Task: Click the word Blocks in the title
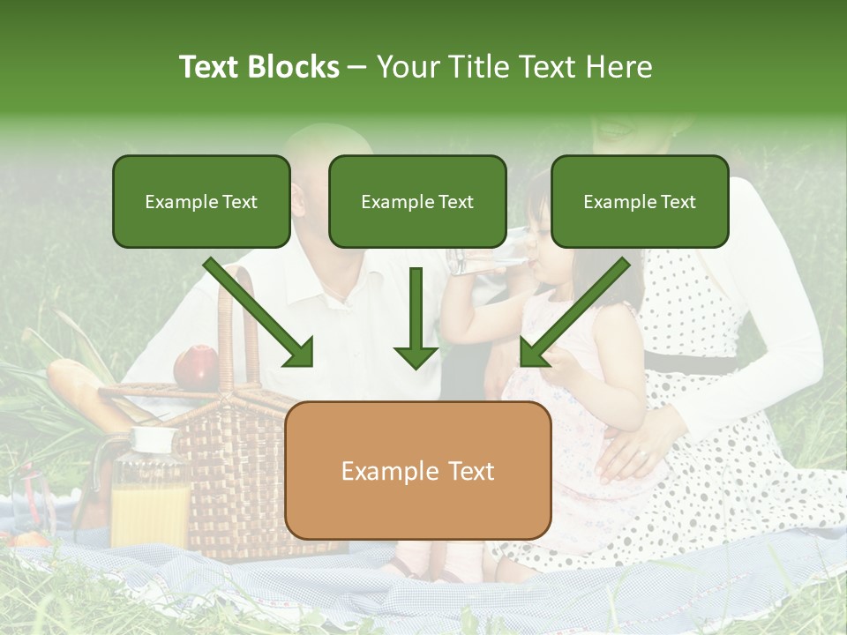coord(294,67)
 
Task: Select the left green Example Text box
coord(201,202)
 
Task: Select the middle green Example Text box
coord(417,202)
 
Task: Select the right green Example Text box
coord(640,202)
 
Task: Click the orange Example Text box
coord(418,471)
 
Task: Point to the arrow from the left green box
coord(260,313)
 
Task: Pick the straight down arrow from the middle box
coord(416,317)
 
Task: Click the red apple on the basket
coord(196,366)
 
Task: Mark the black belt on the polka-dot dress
coord(693,363)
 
